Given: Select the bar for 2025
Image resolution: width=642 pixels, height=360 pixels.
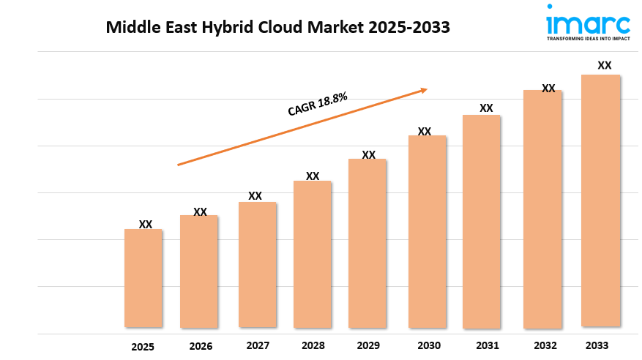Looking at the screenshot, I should [x=143, y=278].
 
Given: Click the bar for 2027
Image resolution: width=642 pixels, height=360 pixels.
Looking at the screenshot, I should [x=257, y=264].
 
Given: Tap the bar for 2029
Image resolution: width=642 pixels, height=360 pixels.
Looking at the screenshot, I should [x=367, y=243].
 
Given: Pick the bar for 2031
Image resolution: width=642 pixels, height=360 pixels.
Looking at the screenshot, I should [x=482, y=221].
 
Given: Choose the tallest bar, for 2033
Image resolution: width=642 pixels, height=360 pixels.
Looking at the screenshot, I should [x=600, y=200].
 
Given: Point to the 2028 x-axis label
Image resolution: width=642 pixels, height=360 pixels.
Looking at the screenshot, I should [x=313, y=345].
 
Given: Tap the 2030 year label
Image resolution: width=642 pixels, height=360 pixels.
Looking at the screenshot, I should [x=429, y=345].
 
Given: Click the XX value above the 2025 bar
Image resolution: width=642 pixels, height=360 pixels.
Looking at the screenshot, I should [x=146, y=224].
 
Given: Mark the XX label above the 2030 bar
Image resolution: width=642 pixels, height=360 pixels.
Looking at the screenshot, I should [x=425, y=132].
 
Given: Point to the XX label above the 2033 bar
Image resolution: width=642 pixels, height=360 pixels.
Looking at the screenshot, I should [x=605, y=65].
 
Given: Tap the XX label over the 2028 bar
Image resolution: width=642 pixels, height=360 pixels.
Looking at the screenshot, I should [x=313, y=176].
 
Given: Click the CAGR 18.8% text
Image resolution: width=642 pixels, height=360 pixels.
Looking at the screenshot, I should [x=317, y=104].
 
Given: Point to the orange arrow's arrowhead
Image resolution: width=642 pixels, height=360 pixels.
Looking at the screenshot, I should [x=423, y=90].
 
